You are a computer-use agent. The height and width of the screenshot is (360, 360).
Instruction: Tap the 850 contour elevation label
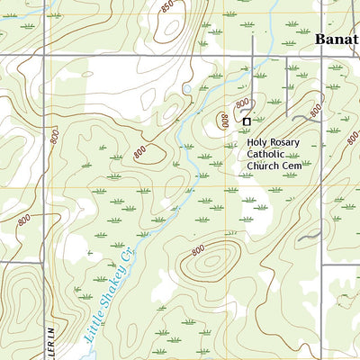point(167,8)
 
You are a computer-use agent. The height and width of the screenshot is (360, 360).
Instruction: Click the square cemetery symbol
point(247,121)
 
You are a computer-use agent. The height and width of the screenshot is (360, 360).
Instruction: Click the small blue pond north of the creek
point(186,88)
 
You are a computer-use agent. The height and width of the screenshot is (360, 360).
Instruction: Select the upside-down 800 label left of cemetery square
point(221,120)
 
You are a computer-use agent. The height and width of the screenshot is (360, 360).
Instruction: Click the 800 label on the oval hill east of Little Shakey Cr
point(197,247)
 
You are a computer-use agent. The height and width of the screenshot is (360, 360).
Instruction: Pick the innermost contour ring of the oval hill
point(212,262)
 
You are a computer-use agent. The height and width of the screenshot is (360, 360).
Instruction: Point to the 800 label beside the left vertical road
point(55,137)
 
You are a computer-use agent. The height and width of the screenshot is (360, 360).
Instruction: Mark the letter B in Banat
point(321,40)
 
